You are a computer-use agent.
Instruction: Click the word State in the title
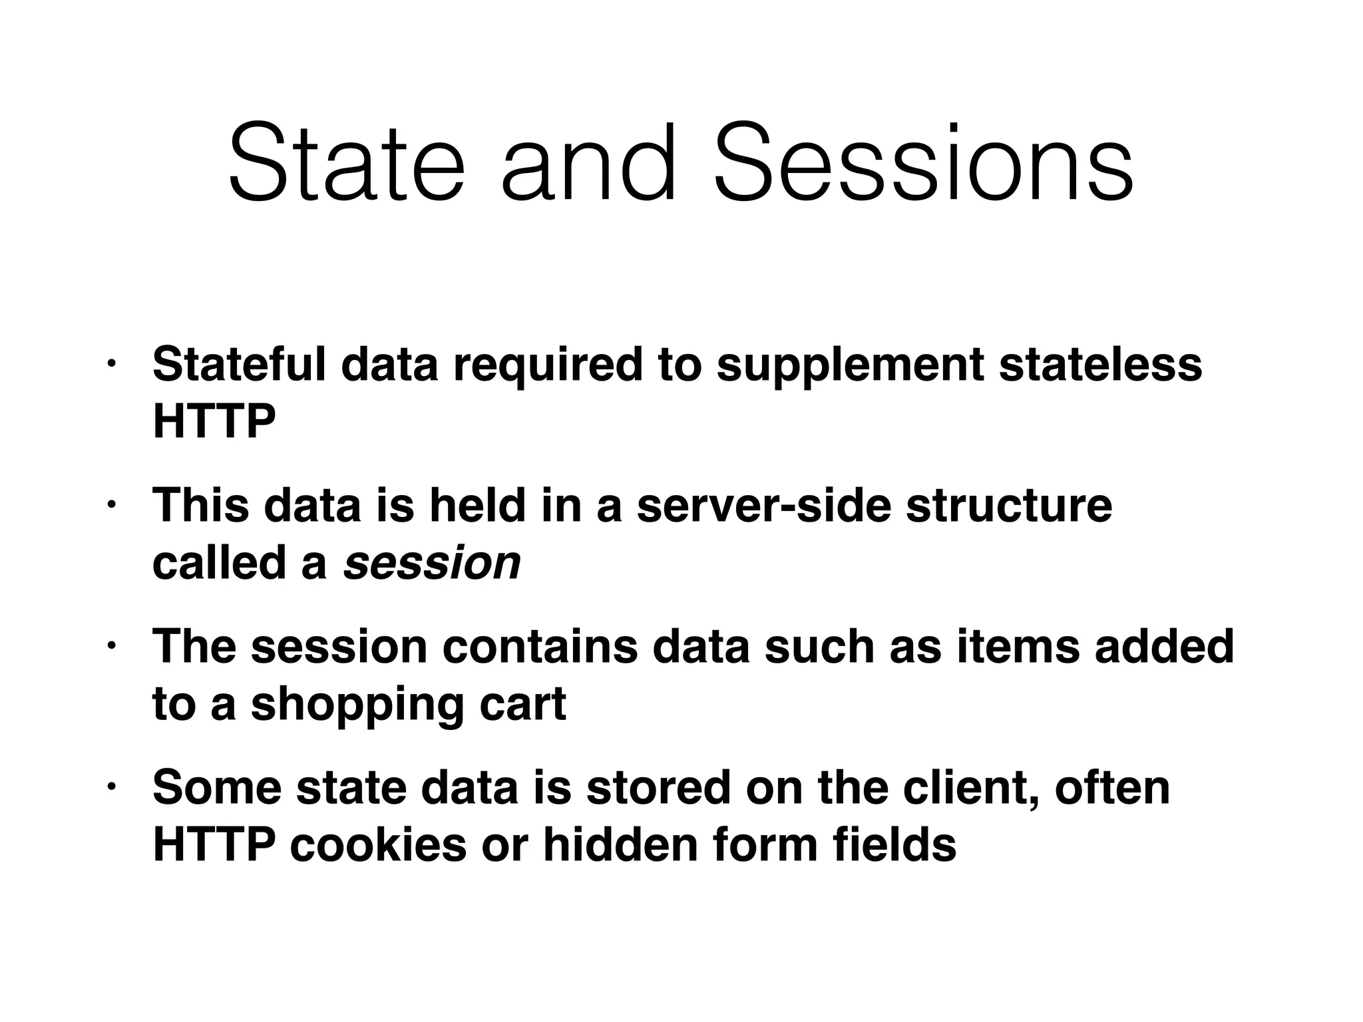tap(346, 163)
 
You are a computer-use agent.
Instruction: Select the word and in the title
tap(588, 163)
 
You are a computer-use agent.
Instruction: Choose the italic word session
tap(432, 563)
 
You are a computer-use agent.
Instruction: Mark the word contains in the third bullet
tap(540, 646)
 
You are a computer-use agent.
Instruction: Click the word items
tap(1018, 646)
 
